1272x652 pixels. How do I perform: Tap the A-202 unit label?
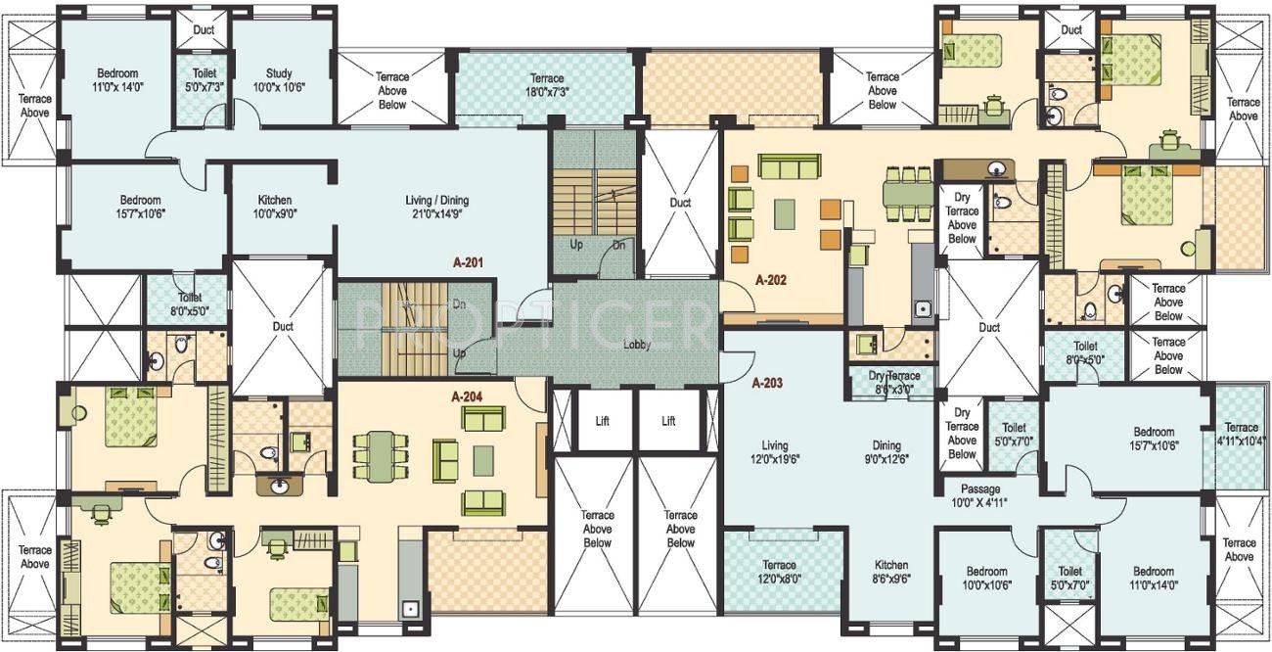pyautogui.click(x=771, y=279)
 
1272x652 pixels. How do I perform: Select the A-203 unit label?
pyautogui.click(x=769, y=383)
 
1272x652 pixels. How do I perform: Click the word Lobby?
pyautogui.click(x=637, y=345)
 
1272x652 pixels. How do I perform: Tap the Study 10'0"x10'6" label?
pyautogui.click(x=280, y=79)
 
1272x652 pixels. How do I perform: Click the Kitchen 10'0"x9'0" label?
pyautogui.click(x=274, y=207)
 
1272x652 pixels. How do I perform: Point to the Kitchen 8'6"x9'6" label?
pyautogui.click(x=891, y=572)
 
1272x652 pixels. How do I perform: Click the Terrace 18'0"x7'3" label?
pyautogui.click(x=547, y=84)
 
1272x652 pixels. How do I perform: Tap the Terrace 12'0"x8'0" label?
pyautogui.click(x=779, y=572)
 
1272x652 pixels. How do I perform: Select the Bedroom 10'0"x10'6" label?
pyautogui.click(x=986, y=579)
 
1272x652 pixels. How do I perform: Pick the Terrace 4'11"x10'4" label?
pyautogui.click(x=1242, y=434)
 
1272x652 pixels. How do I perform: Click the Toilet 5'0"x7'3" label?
pyautogui.click(x=204, y=79)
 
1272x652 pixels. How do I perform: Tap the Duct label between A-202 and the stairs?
pyautogui.click(x=680, y=203)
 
